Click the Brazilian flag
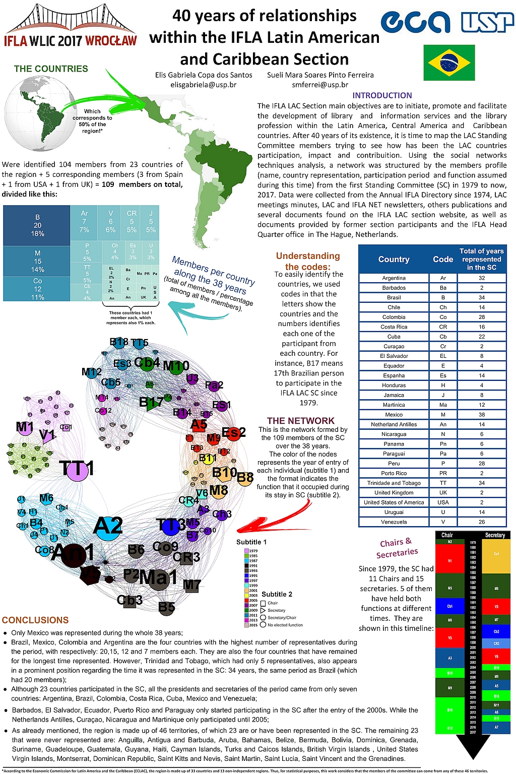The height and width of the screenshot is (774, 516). pos(448,62)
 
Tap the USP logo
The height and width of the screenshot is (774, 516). pos(487,22)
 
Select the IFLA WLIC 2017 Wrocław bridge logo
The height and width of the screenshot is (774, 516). pos(71,25)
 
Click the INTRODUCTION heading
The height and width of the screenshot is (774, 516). pos(382,95)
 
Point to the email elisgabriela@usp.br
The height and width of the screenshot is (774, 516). pos(204,85)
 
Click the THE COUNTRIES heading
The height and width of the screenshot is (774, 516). pos(51,69)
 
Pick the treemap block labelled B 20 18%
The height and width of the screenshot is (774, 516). pos(37,225)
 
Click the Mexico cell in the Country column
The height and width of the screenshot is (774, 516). pos(394,415)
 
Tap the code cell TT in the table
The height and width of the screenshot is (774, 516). pos(443,483)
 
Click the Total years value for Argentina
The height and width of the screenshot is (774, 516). pos(481,278)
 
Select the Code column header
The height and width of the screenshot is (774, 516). pos(443,259)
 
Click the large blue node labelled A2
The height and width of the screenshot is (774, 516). pos(107,527)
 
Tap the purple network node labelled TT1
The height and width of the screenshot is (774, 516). pos(77,469)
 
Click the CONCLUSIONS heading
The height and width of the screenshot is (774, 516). pos(35,620)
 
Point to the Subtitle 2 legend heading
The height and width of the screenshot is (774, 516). pos(277,594)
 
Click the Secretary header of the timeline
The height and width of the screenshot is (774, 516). pos(495,535)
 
